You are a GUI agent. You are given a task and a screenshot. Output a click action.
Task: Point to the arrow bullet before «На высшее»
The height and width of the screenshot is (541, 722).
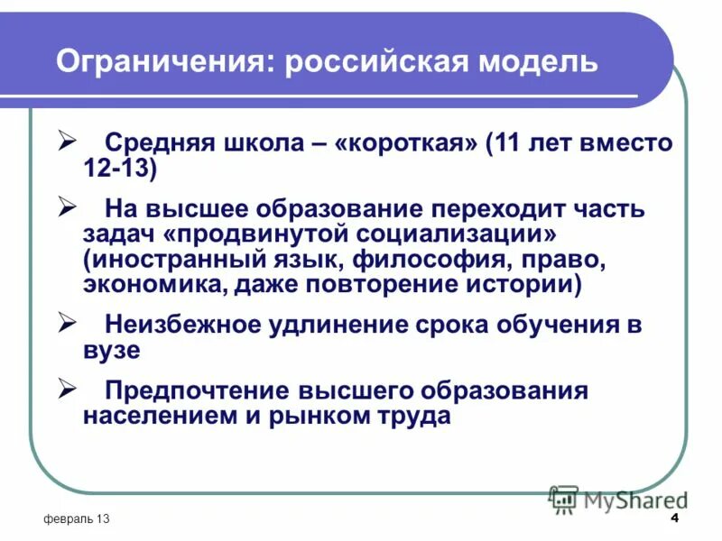point(67,207)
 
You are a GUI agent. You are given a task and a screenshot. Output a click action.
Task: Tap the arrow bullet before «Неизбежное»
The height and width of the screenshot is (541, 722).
point(67,322)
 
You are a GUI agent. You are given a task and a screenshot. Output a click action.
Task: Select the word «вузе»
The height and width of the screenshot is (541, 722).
point(112,351)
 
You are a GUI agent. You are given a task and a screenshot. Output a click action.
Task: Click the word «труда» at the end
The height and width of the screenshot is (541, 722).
point(412,417)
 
